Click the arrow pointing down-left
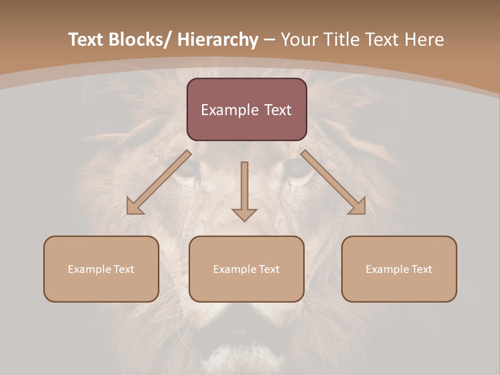tap(159, 182)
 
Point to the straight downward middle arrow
tap(244, 187)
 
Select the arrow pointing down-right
tap(333, 182)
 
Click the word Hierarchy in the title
tap(218, 40)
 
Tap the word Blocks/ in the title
tap(140, 40)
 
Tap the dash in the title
tap(269, 40)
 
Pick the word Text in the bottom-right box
tap(421, 269)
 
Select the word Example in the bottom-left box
tap(87, 269)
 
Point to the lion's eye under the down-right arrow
tap(298, 169)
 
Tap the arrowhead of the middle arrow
tap(244, 215)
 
